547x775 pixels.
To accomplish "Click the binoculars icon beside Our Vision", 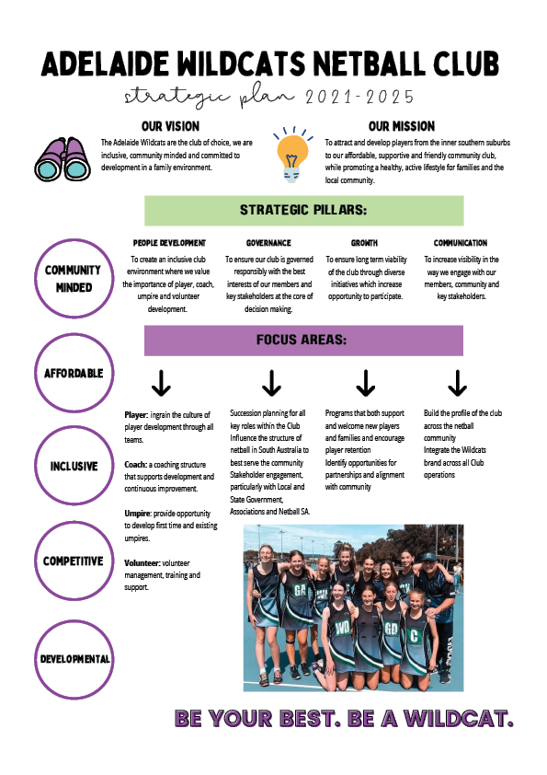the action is tap(63, 158).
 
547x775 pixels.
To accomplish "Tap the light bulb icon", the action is tap(292, 155).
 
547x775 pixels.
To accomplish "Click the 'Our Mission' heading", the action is tap(402, 126).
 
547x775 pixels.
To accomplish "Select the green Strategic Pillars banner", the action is tap(303, 211).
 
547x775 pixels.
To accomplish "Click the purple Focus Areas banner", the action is tap(303, 340).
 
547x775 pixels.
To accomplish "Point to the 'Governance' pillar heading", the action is tap(268, 243).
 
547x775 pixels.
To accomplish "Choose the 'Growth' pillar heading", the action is tap(364, 243).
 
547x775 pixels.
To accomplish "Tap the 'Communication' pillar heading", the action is tap(460, 243).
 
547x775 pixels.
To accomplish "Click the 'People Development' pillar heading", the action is tap(169, 243).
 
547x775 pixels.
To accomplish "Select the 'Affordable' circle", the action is tap(74, 335).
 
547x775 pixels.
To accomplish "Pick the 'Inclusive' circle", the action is tap(74, 427).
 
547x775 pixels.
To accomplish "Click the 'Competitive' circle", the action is tap(74, 523).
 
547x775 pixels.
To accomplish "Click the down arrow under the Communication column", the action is tap(457, 383).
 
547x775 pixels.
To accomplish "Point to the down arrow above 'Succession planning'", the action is tap(271, 383).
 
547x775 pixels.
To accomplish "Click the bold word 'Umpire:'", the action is tap(138, 514).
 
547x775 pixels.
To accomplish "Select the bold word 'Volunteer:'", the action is tap(142, 563).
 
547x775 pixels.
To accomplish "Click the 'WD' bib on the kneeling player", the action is tap(342, 628).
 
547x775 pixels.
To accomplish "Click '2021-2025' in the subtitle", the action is tap(359, 97).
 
